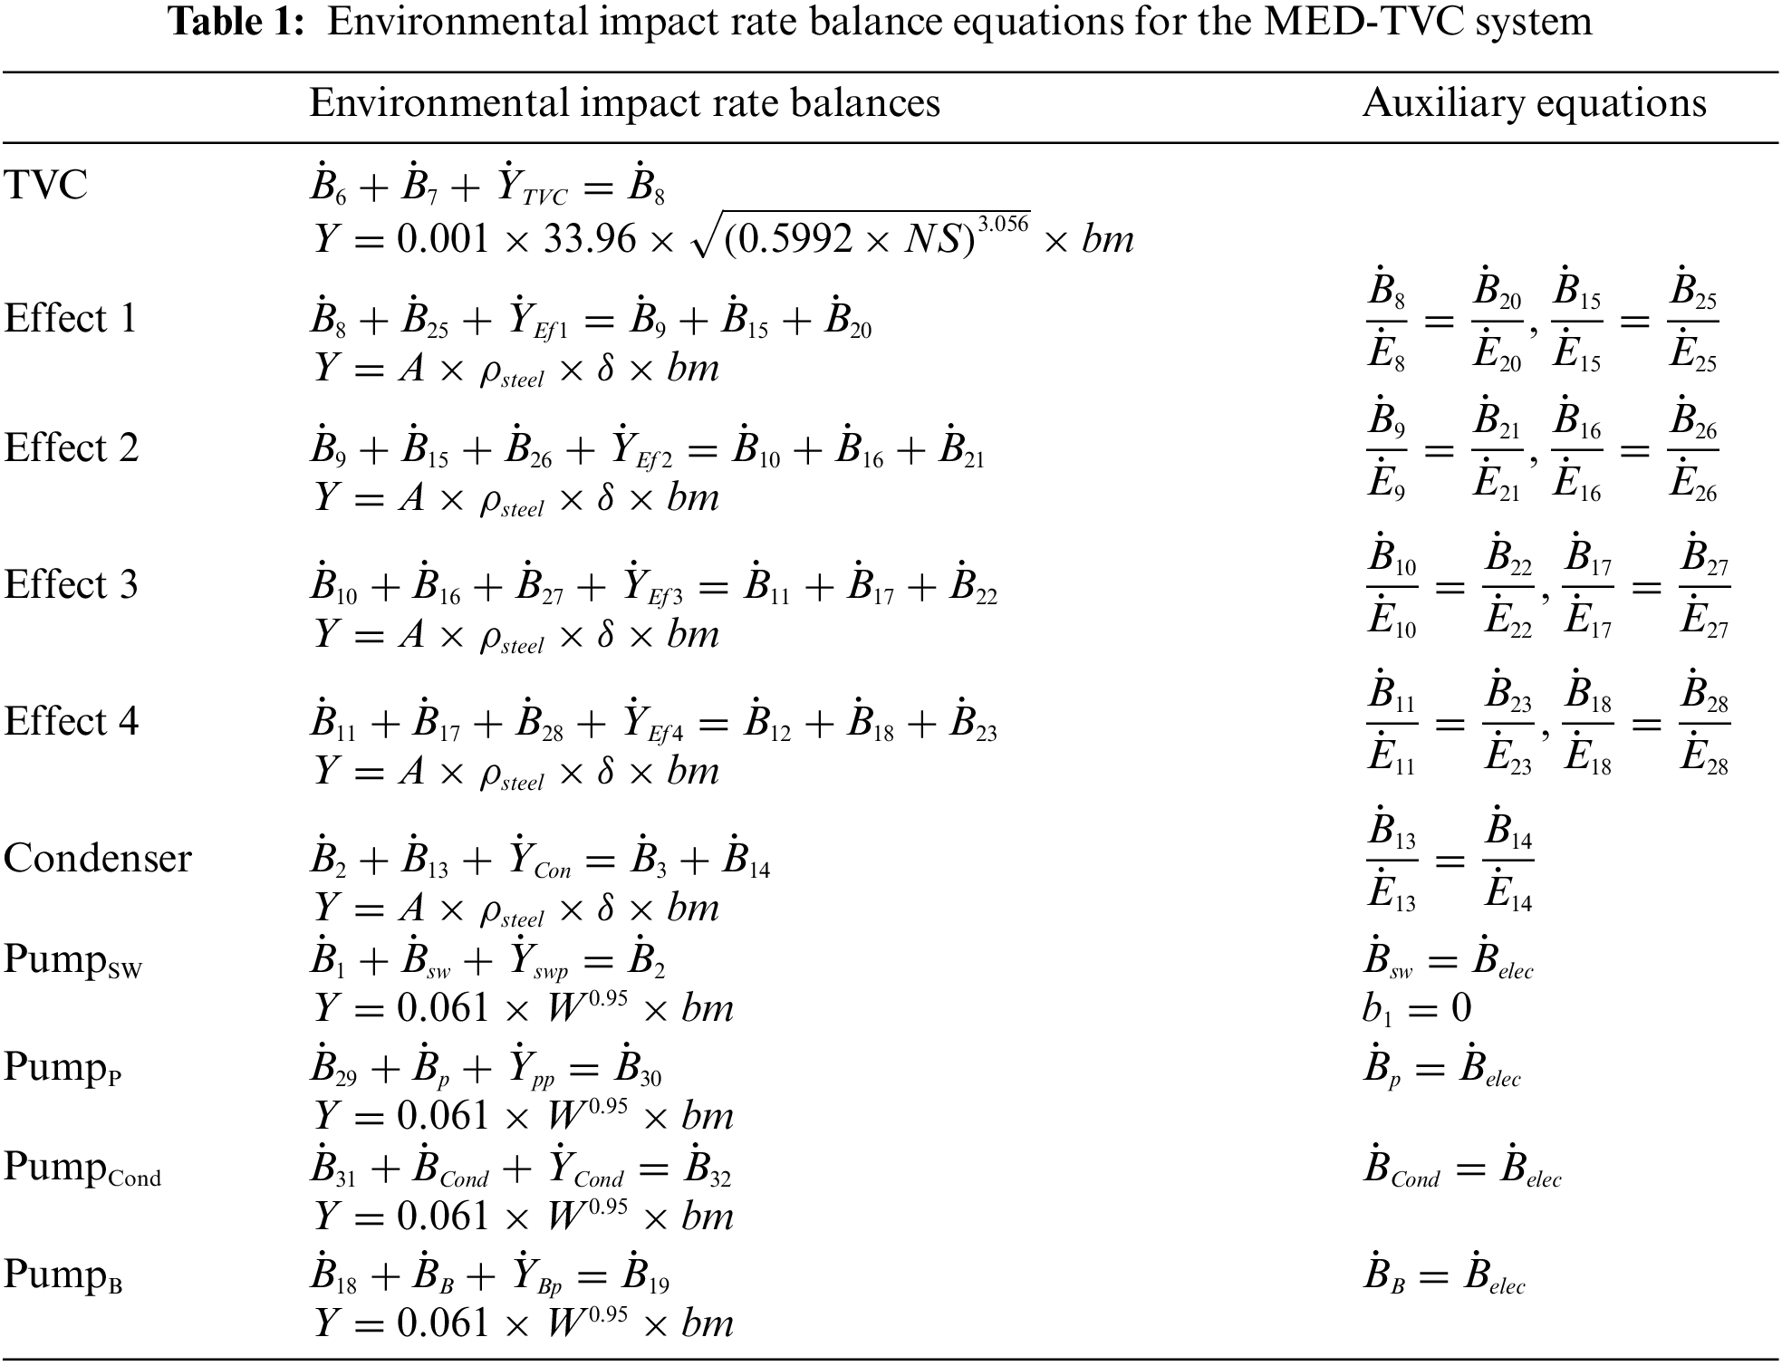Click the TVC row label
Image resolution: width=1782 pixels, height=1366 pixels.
45,186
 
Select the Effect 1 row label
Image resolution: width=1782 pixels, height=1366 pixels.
71,319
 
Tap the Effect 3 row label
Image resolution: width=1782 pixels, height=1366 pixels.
71,584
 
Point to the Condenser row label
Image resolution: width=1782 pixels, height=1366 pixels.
97,858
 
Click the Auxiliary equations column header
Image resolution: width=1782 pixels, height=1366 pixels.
1533,103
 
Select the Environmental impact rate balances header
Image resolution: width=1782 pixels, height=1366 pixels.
624,103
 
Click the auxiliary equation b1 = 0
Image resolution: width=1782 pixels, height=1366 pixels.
1416,1008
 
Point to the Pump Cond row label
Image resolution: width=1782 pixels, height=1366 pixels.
82,1168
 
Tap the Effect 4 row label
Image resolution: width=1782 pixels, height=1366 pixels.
71,722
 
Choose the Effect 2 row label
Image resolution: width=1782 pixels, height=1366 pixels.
71,448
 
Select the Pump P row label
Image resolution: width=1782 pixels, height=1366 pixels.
63,1067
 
